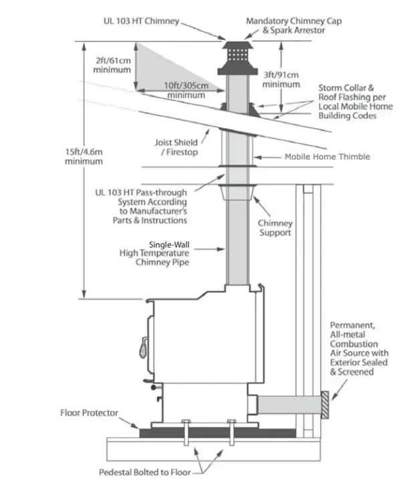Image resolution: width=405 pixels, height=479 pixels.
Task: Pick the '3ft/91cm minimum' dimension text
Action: click(281, 79)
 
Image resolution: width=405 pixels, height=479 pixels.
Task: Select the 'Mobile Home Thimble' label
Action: click(327, 157)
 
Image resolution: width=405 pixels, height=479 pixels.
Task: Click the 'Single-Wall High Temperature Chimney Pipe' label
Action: click(154, 254)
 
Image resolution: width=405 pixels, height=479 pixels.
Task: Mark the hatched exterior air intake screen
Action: click(325, 402)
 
